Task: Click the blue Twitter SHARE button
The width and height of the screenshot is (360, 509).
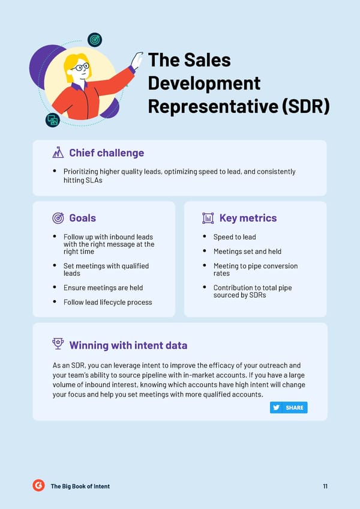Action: click(x=289, y=408)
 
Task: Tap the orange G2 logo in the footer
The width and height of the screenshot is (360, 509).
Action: click(x=38, y=486)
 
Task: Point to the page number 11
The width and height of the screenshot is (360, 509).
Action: click(x=325, y=486)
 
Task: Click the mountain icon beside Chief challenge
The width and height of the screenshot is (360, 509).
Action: click(x=58, y=152)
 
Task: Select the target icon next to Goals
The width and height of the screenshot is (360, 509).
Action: click(x=58, y=218)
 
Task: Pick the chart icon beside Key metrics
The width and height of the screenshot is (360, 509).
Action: click(x=208, y=218)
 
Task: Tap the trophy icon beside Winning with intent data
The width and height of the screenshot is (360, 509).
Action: click(x=58, y=344)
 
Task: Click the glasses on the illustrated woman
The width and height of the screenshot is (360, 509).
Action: click(x=80, y=67)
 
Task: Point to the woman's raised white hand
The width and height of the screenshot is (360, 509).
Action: click(x=137, y=60)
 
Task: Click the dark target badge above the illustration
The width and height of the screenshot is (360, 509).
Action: click(x=95, y=40)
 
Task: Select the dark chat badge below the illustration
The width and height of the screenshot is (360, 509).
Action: click(x=53, y=120)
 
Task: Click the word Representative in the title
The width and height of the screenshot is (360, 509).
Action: click(x=213, y=106)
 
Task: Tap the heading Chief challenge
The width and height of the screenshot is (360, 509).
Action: click(x=106, y=153)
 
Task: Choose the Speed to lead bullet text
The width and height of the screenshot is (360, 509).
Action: click(x=235, y=237)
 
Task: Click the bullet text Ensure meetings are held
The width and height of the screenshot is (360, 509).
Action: click(x=103, y=288)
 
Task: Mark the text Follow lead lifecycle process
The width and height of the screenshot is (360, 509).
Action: click(x=108, y=303)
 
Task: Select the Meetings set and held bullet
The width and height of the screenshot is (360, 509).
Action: click(x=247, y=251)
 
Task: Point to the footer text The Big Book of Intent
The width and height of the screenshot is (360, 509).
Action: click(x=80, y=486)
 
